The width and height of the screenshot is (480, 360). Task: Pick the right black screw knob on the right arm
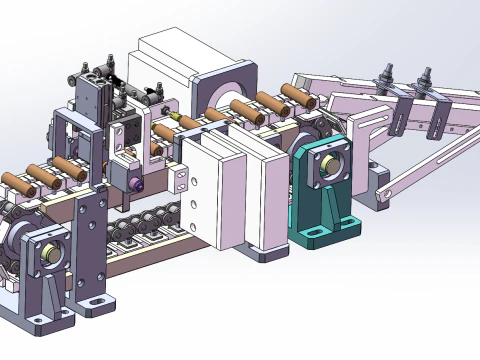427,77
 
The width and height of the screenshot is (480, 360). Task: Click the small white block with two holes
179,179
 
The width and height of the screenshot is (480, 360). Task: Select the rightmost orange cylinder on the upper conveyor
296,94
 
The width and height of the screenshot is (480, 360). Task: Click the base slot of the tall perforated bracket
93,300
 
